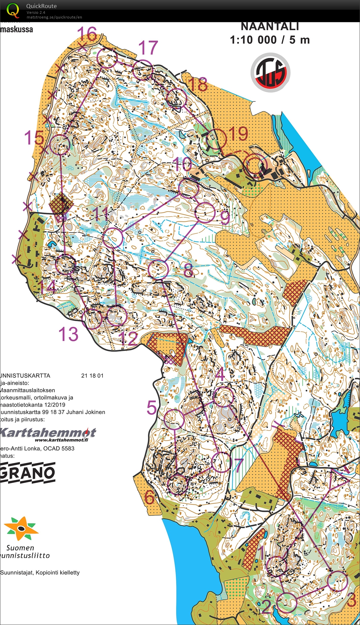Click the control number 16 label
[x=87, y=34]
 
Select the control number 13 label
[x=68, y=335]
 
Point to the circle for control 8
[x=158, y=269]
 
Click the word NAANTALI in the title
[x=270, y=26]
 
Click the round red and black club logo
[x=270, y=72]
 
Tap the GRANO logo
[x=28, y=473]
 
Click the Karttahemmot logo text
[x=48, y=433]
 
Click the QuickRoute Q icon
[x=13, y=10]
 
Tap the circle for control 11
[x=112, y=238]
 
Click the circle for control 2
[x=287, y=602]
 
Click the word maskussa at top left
[x=17, y=29]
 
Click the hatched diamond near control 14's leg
[x=61, y=203]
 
